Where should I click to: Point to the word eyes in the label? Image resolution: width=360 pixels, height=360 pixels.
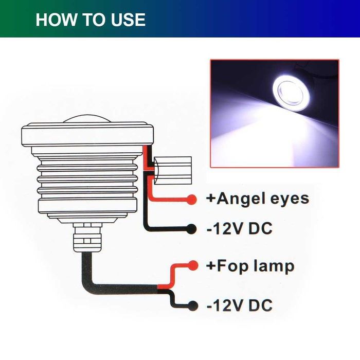click(289, 199)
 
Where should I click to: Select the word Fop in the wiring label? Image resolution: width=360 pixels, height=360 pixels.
click(230, 266)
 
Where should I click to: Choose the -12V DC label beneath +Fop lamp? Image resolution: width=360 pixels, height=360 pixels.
click(239, 305)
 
